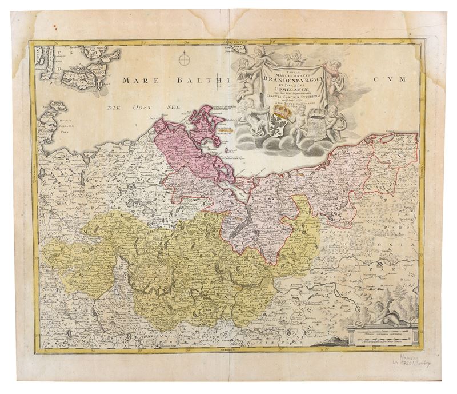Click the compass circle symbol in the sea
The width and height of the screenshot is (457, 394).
(184, 59)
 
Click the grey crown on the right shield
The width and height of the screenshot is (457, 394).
(315, 110)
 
